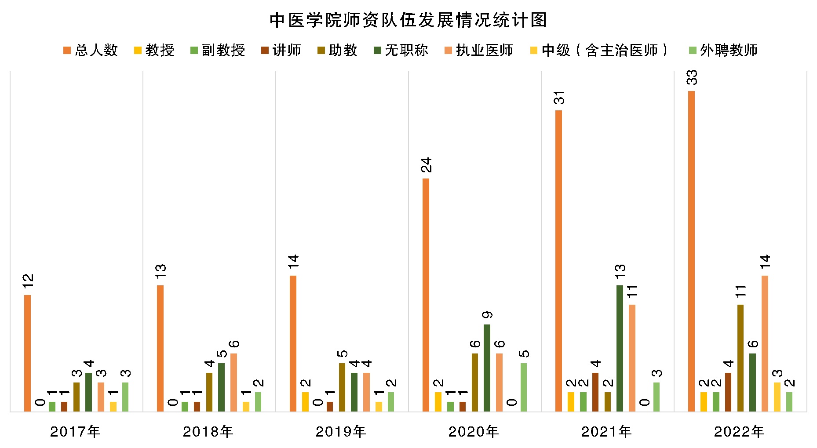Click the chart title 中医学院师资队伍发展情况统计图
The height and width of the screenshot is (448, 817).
[408, 20]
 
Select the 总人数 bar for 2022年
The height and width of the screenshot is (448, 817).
[691, 251]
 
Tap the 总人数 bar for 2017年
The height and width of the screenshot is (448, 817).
[28, 353]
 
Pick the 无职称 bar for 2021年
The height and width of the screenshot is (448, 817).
[620, 348]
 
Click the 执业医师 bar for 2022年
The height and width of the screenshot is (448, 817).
[765, 343]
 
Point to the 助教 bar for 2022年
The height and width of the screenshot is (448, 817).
[740, 358]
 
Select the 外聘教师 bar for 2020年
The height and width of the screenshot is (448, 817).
[524, 387]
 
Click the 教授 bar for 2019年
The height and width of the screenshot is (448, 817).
[305, 402]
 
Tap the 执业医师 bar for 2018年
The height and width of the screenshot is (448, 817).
[233, 382]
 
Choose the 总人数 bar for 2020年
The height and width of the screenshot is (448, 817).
[426, 295]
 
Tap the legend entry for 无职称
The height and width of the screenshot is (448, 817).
[401, 51]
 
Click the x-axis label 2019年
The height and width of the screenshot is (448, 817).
[341, 432]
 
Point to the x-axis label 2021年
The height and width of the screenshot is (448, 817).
[606, 432]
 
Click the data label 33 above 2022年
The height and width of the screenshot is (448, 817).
[692, 78]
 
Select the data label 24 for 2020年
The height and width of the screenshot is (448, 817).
[426, 165]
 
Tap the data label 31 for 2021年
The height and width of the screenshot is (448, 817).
[559, 97]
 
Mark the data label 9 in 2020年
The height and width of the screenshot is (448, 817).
[487, 315]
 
